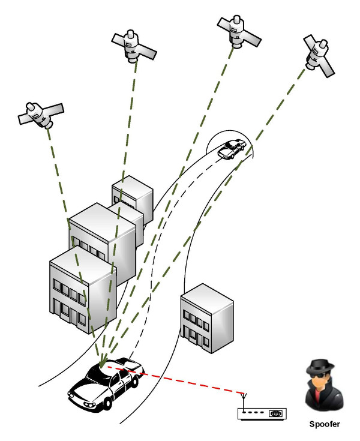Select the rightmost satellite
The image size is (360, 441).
tap(318, 56)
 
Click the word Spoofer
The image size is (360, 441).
tap(325, 424)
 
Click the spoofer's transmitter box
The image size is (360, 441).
tap(262, 413)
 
